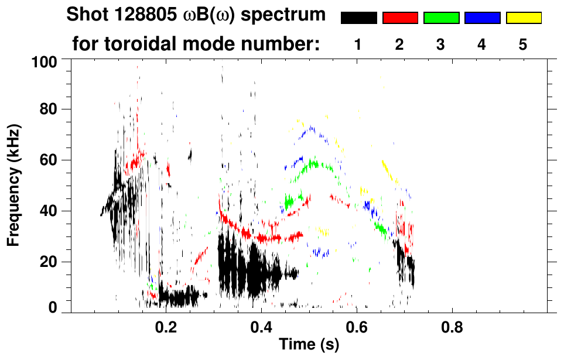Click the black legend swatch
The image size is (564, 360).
point(358,18)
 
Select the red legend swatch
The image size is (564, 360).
point(400,18)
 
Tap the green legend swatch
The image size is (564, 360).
point(441,18)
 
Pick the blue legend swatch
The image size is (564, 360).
point(482,18)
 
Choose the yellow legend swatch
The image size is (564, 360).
point(524,18)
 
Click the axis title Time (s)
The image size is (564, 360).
point(309,344)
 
